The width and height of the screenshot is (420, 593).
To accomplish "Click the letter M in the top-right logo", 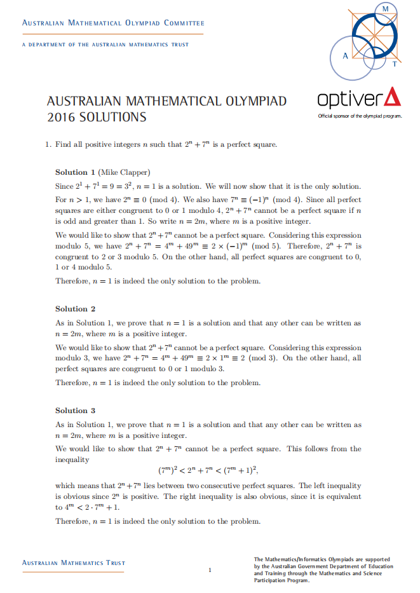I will coord(384,9).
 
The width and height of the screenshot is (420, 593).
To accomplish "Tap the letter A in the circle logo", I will coord(345,55).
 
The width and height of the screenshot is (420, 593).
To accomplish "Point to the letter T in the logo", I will coord(395,64).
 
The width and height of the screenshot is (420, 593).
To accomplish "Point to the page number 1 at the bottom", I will coord(210,569).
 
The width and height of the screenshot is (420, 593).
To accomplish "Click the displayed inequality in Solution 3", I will coord(209,471).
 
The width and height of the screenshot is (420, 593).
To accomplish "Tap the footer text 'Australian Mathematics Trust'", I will coord(74,563).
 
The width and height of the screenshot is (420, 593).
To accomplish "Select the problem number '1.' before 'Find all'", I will coord(48,144).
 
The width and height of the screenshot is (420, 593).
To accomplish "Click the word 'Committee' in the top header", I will coord(184,24).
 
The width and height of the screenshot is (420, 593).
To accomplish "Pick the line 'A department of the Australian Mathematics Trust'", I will coord(105,44).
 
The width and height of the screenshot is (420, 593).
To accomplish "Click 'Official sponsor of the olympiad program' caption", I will coord(360,116).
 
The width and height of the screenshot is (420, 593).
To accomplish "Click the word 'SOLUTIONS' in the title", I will coord(112,117).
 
